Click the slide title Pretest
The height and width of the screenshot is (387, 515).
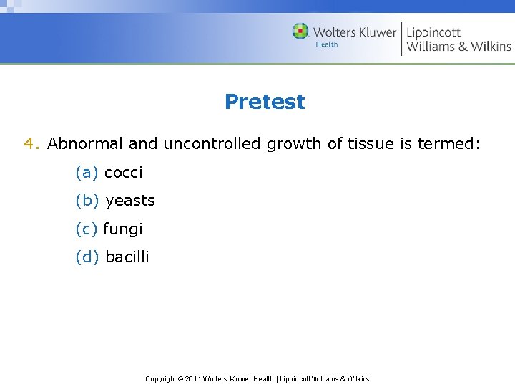coord(264,102)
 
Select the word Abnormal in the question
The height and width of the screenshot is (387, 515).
coord(85,143)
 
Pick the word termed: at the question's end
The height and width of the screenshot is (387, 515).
coord(450,143)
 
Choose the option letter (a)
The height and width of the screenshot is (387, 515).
coord(87,173)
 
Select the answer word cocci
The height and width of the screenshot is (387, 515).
coord(124,173)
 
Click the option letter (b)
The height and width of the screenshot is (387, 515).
coord(87,201)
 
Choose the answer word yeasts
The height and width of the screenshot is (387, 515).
coord(130,201)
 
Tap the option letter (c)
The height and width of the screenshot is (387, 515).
coord(86,229)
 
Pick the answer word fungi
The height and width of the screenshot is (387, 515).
coord(123,230)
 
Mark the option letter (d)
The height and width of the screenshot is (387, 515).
coord(87,257)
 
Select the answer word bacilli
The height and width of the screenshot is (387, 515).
coord(127,257)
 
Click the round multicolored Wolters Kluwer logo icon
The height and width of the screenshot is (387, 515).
coord(300,32)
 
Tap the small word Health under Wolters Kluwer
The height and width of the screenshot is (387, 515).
coord(327,44)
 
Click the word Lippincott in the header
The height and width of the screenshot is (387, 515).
coord(433,33)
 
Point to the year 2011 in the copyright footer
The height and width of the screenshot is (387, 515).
coord(193,378)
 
